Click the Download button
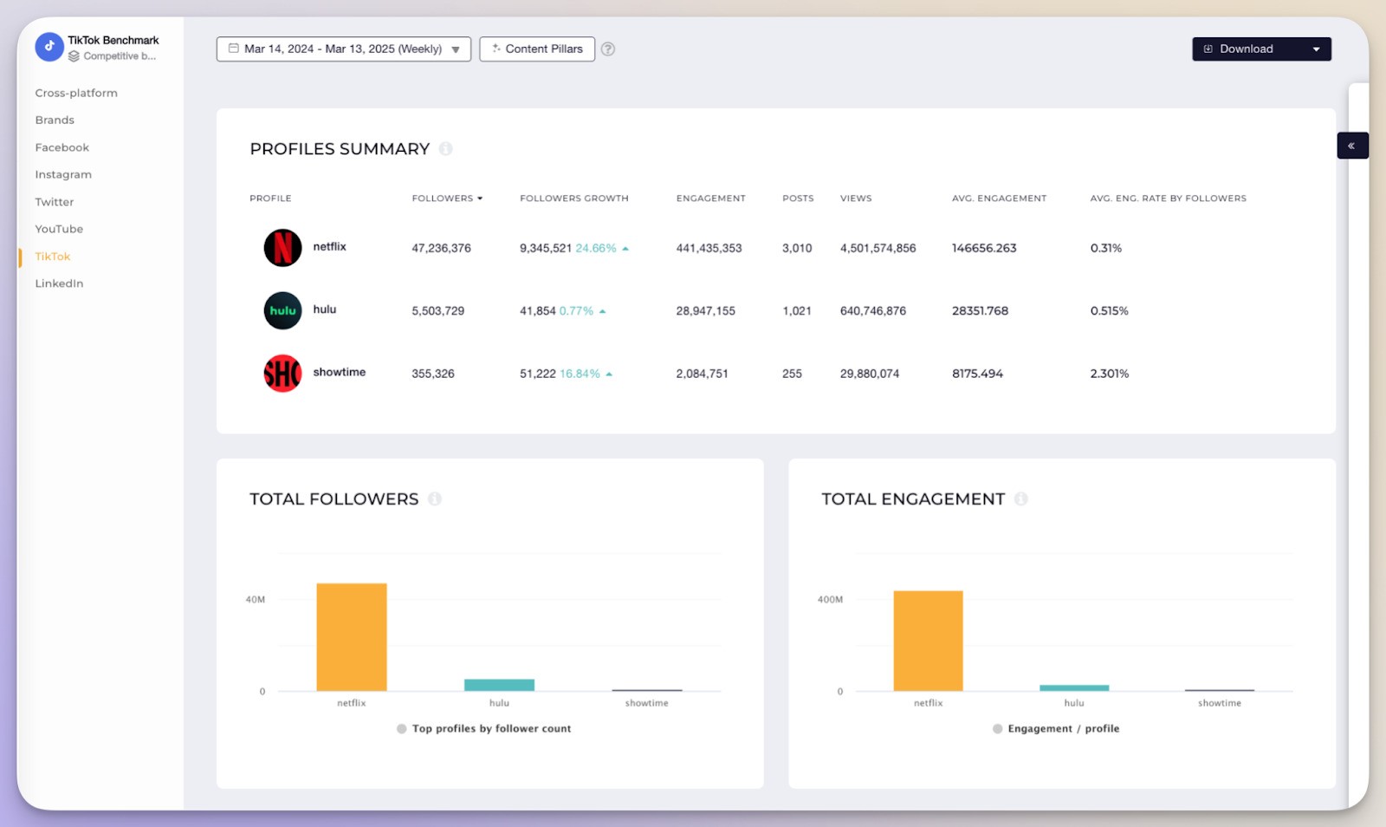(x=1260, y=49)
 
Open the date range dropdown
(x=343, y=49)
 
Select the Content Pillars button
(x=537, y=49)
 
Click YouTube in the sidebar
(x=59, y=229)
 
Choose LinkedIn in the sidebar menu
(x=59, y=283)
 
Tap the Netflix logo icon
(x=282, y=248)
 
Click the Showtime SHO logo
(x=282, y=374)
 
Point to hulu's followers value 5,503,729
(x=437, y=311)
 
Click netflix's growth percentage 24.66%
(x=596, y=249)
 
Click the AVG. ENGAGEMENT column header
(x=999, y=199)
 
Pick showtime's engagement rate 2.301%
(x=1109, y=374)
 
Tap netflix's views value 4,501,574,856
(x=878, y=249)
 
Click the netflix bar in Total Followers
(x=352, y=637)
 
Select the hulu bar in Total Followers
(x=499, y=685)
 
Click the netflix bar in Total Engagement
(x=928, y=641)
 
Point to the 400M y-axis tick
(x=829, y=600)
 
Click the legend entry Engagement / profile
(x=1063, y=729)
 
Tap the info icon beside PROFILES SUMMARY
(x=445, y=149)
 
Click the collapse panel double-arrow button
(x=1351, y=146)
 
